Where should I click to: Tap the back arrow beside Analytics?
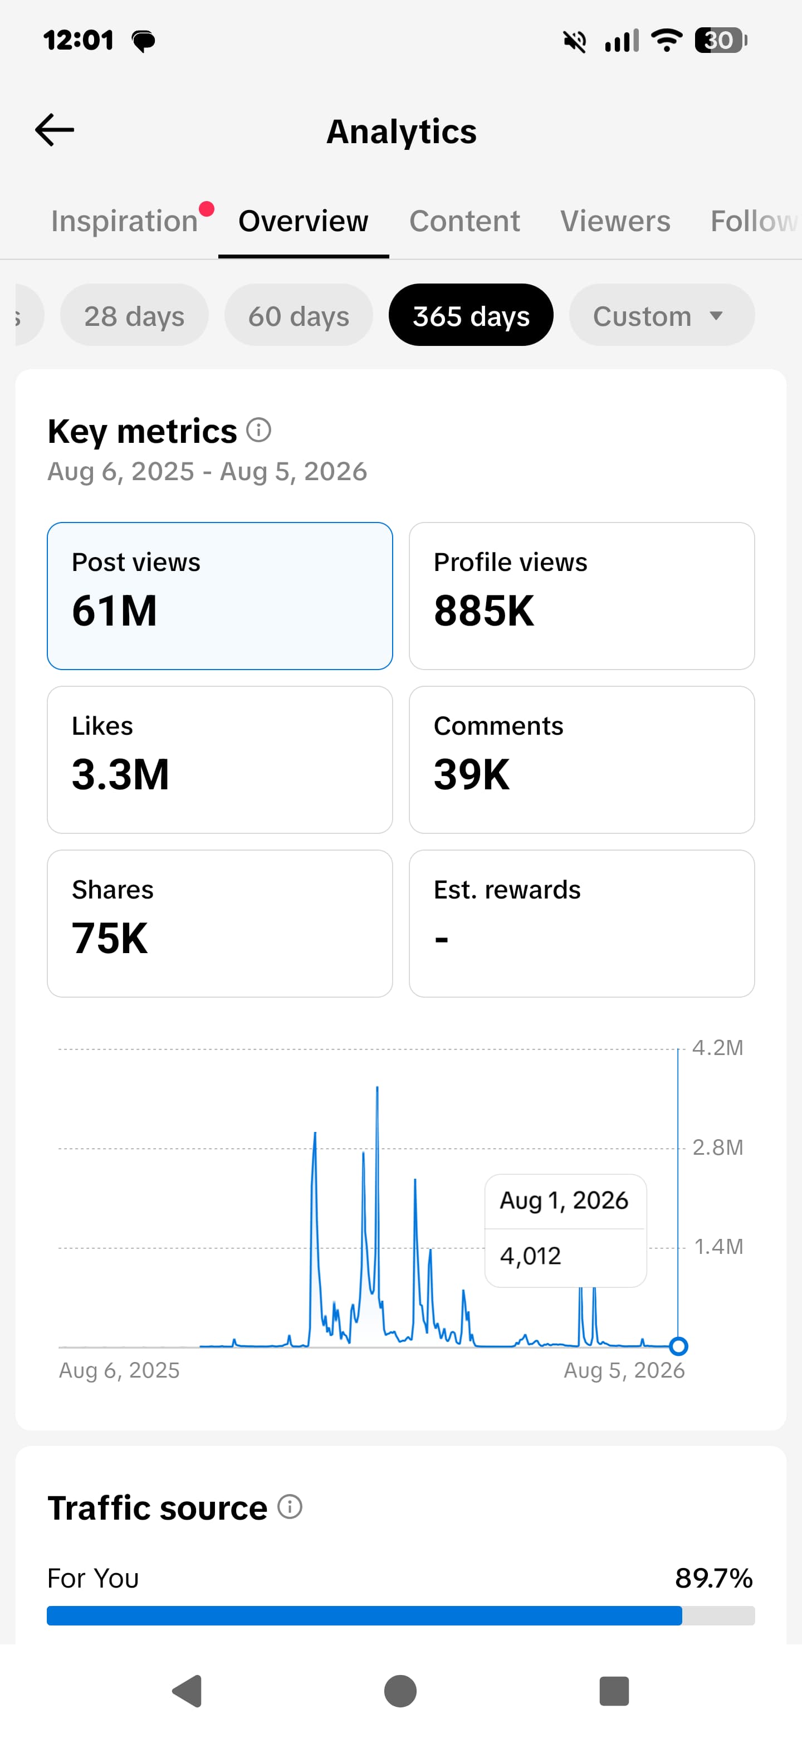(55, 130)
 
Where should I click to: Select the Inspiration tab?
(125, 221)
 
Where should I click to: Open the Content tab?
(464, 221)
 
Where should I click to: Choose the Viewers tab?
(615, 221)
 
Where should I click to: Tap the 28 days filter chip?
(134, 315)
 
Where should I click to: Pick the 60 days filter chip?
(299, 315)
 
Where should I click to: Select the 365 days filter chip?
(471, 315)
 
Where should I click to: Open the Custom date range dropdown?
(662, 315)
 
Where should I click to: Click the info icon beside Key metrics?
(258, 430)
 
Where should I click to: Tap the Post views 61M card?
(220, 595)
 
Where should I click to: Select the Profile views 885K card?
(581, 595)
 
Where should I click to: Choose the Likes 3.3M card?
(220, 760)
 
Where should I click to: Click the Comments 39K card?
(581, 760)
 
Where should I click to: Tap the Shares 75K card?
(220, 924)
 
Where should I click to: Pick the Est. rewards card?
(581, 924)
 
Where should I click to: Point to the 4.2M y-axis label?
(718, 1048)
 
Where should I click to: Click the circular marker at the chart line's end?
(678, 1346)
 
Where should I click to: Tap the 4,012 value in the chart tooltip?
(530, 1256)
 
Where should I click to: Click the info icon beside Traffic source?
(290, 1507)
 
